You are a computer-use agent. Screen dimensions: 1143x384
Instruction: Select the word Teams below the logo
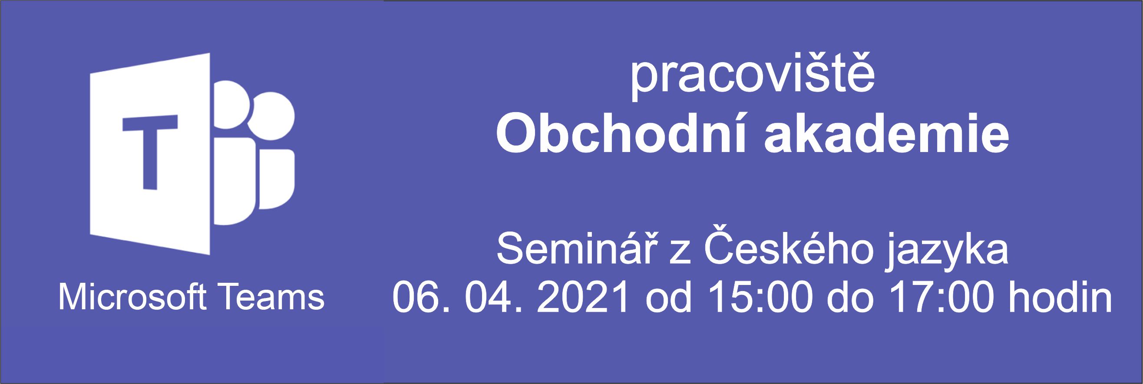tap(272, 298)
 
